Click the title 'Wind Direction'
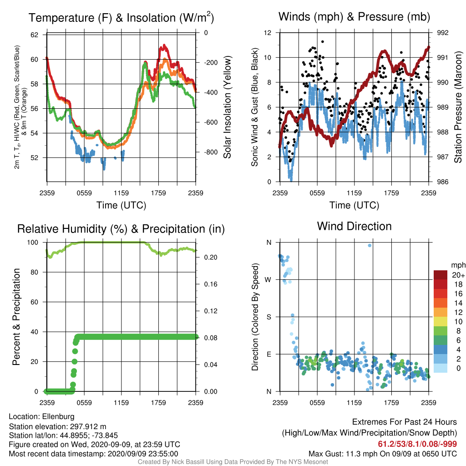coord(354,227)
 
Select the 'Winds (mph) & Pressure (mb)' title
coord(354,17)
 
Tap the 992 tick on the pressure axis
coord(442,33)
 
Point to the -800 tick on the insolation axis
coord(211,152)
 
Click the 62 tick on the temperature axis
coord(35,35)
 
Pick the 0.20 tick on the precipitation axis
coord(211,258)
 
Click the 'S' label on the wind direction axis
coord(268,317)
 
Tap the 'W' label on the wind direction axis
coord(268,280)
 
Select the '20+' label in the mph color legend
coord(458,275)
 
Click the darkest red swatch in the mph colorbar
coord(441,275)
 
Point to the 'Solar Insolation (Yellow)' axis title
coord(228,107)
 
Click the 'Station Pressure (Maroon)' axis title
coord(458,107)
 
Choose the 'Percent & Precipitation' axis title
coord(16,317)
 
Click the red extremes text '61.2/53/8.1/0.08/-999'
coord(417,444)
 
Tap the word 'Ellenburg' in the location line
coord(58,417)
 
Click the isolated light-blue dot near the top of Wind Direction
coord(370,245)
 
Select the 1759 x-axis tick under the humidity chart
coord(158,403)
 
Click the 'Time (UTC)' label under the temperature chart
coord(121,205)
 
